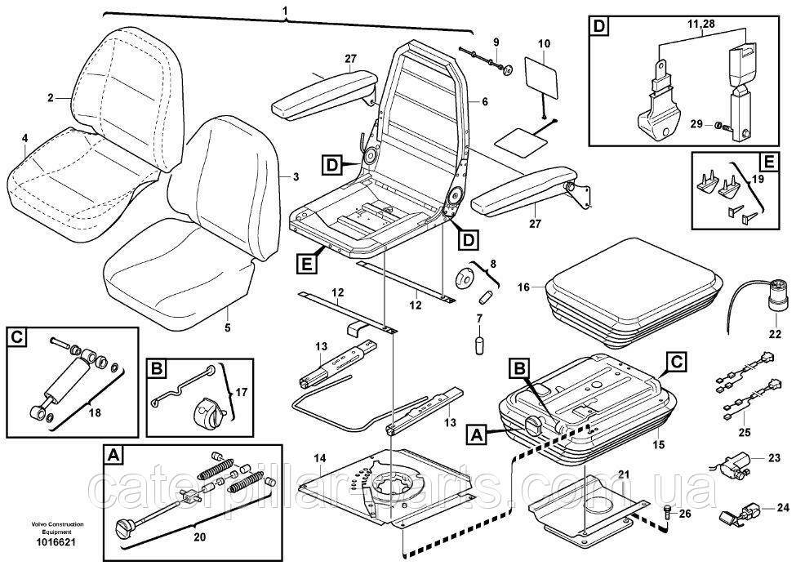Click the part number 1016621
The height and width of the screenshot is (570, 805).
32,541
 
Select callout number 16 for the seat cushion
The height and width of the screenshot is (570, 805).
523,287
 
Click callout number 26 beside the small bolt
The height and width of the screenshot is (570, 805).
684,513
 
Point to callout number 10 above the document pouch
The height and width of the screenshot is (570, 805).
545,42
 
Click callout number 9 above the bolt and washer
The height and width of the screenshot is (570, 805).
495,41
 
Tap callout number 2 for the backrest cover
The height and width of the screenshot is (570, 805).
50,98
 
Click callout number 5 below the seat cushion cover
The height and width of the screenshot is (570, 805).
228,327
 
